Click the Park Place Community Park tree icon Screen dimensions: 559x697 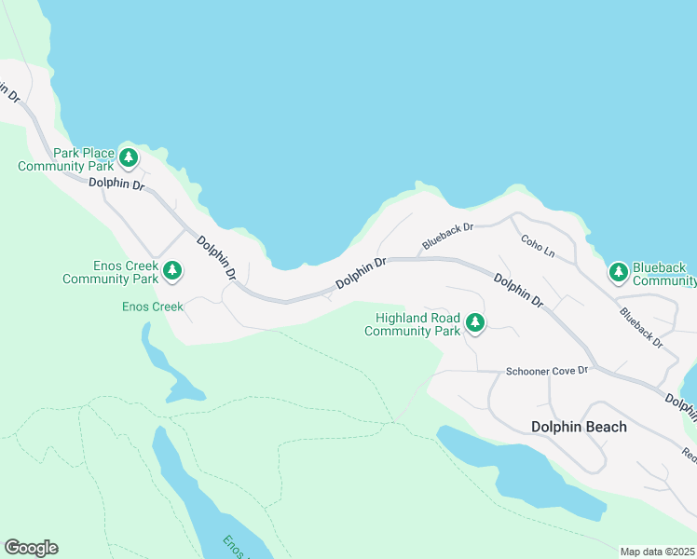129,157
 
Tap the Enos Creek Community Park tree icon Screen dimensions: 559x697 171,271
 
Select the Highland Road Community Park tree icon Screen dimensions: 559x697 475,323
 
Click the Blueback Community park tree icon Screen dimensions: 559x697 618,272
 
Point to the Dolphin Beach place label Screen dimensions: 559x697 579,427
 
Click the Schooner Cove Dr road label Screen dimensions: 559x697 547,371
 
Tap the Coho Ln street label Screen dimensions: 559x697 538,246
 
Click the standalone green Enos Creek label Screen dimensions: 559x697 153,306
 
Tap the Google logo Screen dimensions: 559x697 31,548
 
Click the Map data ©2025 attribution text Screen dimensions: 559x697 657,552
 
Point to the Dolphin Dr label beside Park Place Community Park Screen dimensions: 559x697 117,184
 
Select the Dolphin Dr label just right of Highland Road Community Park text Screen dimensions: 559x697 518,290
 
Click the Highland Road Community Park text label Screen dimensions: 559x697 417,324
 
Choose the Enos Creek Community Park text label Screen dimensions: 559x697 110,272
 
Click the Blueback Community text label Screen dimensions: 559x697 663,273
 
